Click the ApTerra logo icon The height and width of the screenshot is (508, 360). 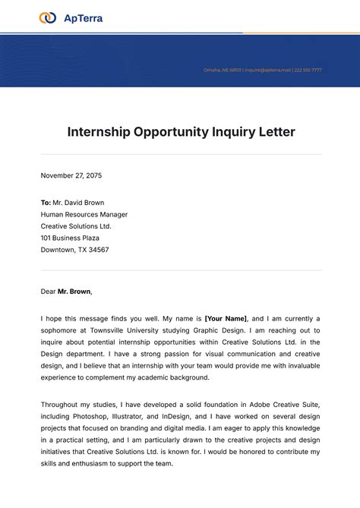pyautogui.click(x=48, y=17)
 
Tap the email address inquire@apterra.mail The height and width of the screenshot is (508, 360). pyautogui.click(x=268, y=70)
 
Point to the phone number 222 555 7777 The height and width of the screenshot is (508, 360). pyautogui.click(x=308, y=70)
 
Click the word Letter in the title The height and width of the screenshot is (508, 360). pyautogui.click(x=276, y=131)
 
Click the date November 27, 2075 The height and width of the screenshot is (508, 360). pyautogui.click(x=71, y=175)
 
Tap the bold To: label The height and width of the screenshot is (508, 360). pyautogui.click(x=46, y=203)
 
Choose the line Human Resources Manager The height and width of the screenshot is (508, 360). pyautogui.click(x=84, y=214)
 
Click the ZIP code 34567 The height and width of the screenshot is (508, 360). pyautogui.click(x=97, y=250)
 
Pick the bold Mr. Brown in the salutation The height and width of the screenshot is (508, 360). pyautogui.click(x=74, y=291)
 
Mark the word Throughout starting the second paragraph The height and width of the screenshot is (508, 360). pyautogui.click(x=62, y=405)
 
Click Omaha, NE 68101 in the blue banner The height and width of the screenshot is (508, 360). pyautogui.click(x=222, y=70)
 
